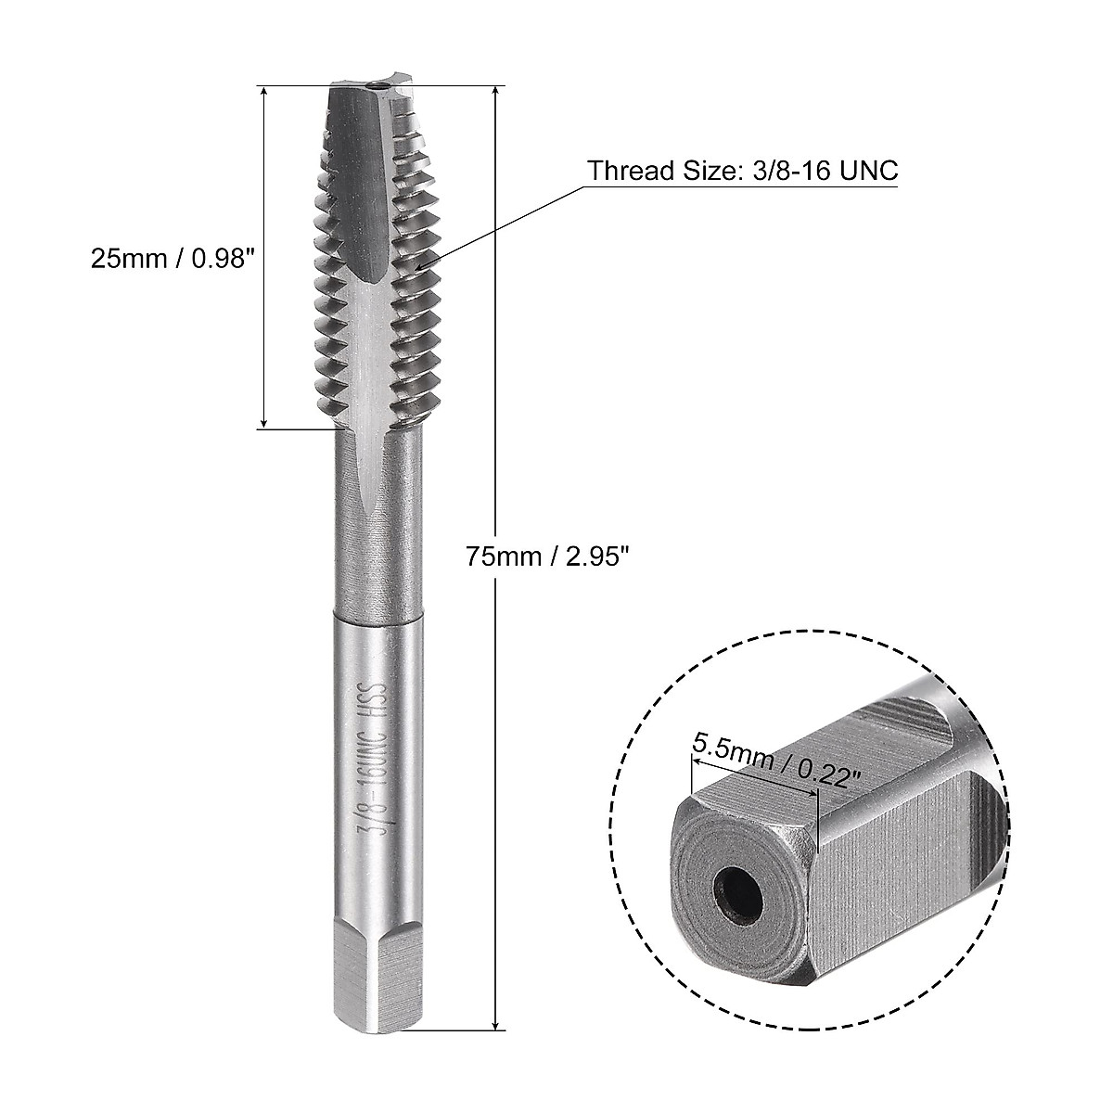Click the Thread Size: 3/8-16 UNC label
click(742, 172)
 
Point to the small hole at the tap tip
click(377, 87)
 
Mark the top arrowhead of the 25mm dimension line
click(266, 93)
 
